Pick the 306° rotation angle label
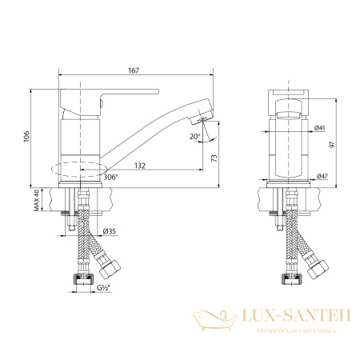point(110,177)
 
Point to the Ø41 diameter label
point(320,128)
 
